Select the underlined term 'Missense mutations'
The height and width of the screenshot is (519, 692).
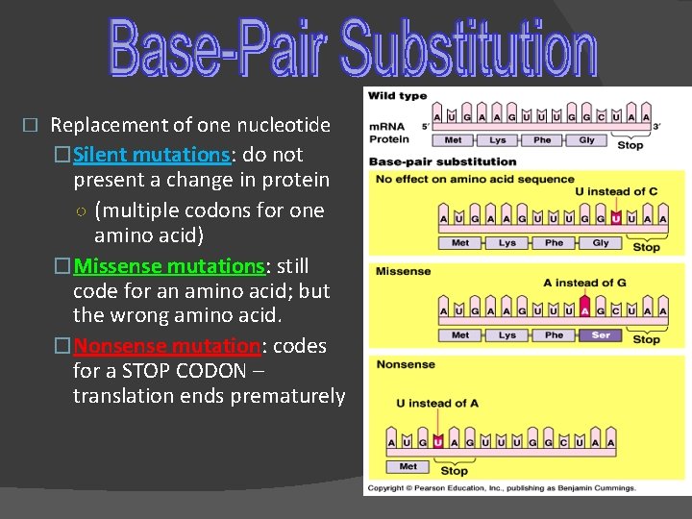(168, 265)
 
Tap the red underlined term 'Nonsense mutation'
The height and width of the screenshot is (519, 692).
(166, 345)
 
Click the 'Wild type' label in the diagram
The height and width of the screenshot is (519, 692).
(397, 96)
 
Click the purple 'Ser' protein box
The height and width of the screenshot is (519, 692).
(601, 335)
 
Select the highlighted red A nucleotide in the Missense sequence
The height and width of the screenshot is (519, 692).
(583, 310)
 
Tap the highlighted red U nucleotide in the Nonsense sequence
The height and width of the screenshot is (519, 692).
(438, 443)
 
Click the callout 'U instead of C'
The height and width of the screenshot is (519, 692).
(616, 191)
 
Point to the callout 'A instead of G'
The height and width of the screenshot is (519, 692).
(584, 283)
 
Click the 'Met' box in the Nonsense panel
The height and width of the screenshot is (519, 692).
(408, 467)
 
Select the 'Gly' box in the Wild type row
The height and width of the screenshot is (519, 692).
(586, 140)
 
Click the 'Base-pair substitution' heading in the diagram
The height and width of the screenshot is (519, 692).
(442, 161)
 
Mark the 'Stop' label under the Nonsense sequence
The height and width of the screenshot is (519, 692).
(454, 471)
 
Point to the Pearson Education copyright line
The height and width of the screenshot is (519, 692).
(503, 488)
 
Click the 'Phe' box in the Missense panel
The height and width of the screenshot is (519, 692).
(555, 335)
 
